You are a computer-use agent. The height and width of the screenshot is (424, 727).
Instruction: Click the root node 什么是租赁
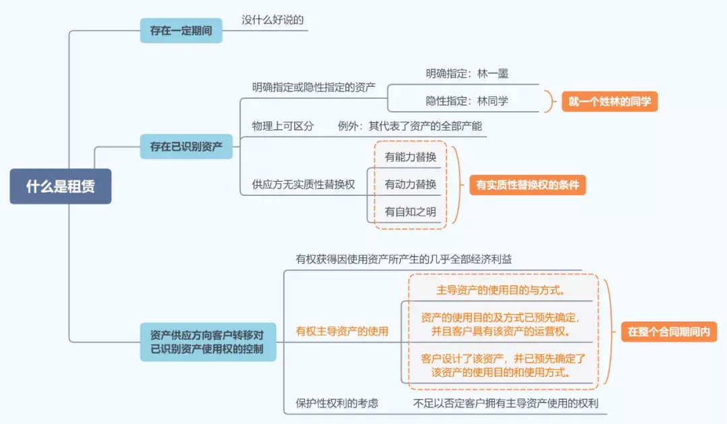coord(61,186)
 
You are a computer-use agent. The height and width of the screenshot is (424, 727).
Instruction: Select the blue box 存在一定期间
coord(181,30)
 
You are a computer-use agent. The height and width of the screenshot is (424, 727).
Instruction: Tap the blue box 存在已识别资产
coord(186,147)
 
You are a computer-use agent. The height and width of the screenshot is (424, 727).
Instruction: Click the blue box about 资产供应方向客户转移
coord(208,342)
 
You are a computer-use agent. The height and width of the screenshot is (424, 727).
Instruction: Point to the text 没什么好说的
coord(273,20)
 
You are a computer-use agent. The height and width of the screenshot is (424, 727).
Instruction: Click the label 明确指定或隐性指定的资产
coord(314,87)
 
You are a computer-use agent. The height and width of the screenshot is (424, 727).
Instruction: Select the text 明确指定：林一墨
coord(467,73)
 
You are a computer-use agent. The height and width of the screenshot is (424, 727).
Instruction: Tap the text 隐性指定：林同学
coord(467,101)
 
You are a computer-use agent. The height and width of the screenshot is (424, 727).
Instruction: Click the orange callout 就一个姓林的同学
coord(610,102)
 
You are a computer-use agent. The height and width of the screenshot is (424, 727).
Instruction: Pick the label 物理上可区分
coord(283,126)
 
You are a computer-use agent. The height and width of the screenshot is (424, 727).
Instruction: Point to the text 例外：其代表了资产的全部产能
coord(410,126)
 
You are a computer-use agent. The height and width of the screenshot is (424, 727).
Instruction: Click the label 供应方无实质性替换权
coord(303,184)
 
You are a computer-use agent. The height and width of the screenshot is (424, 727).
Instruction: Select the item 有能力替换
coord(411,157)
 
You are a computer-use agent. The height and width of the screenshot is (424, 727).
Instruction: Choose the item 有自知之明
coord(411,212)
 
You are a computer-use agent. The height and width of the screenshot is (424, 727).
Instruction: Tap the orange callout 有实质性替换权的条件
coord(528,185)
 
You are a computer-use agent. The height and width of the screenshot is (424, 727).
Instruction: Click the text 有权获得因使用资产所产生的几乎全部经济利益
coord(404,259)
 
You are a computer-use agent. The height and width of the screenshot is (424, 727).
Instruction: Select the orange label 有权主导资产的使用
coord(342,331)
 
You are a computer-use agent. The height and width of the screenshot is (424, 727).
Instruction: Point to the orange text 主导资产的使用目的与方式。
coord(501,291)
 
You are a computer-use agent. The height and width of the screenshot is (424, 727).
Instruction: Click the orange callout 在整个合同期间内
coord(669,332)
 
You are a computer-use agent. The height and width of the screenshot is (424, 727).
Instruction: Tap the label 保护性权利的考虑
coord(337,403)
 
